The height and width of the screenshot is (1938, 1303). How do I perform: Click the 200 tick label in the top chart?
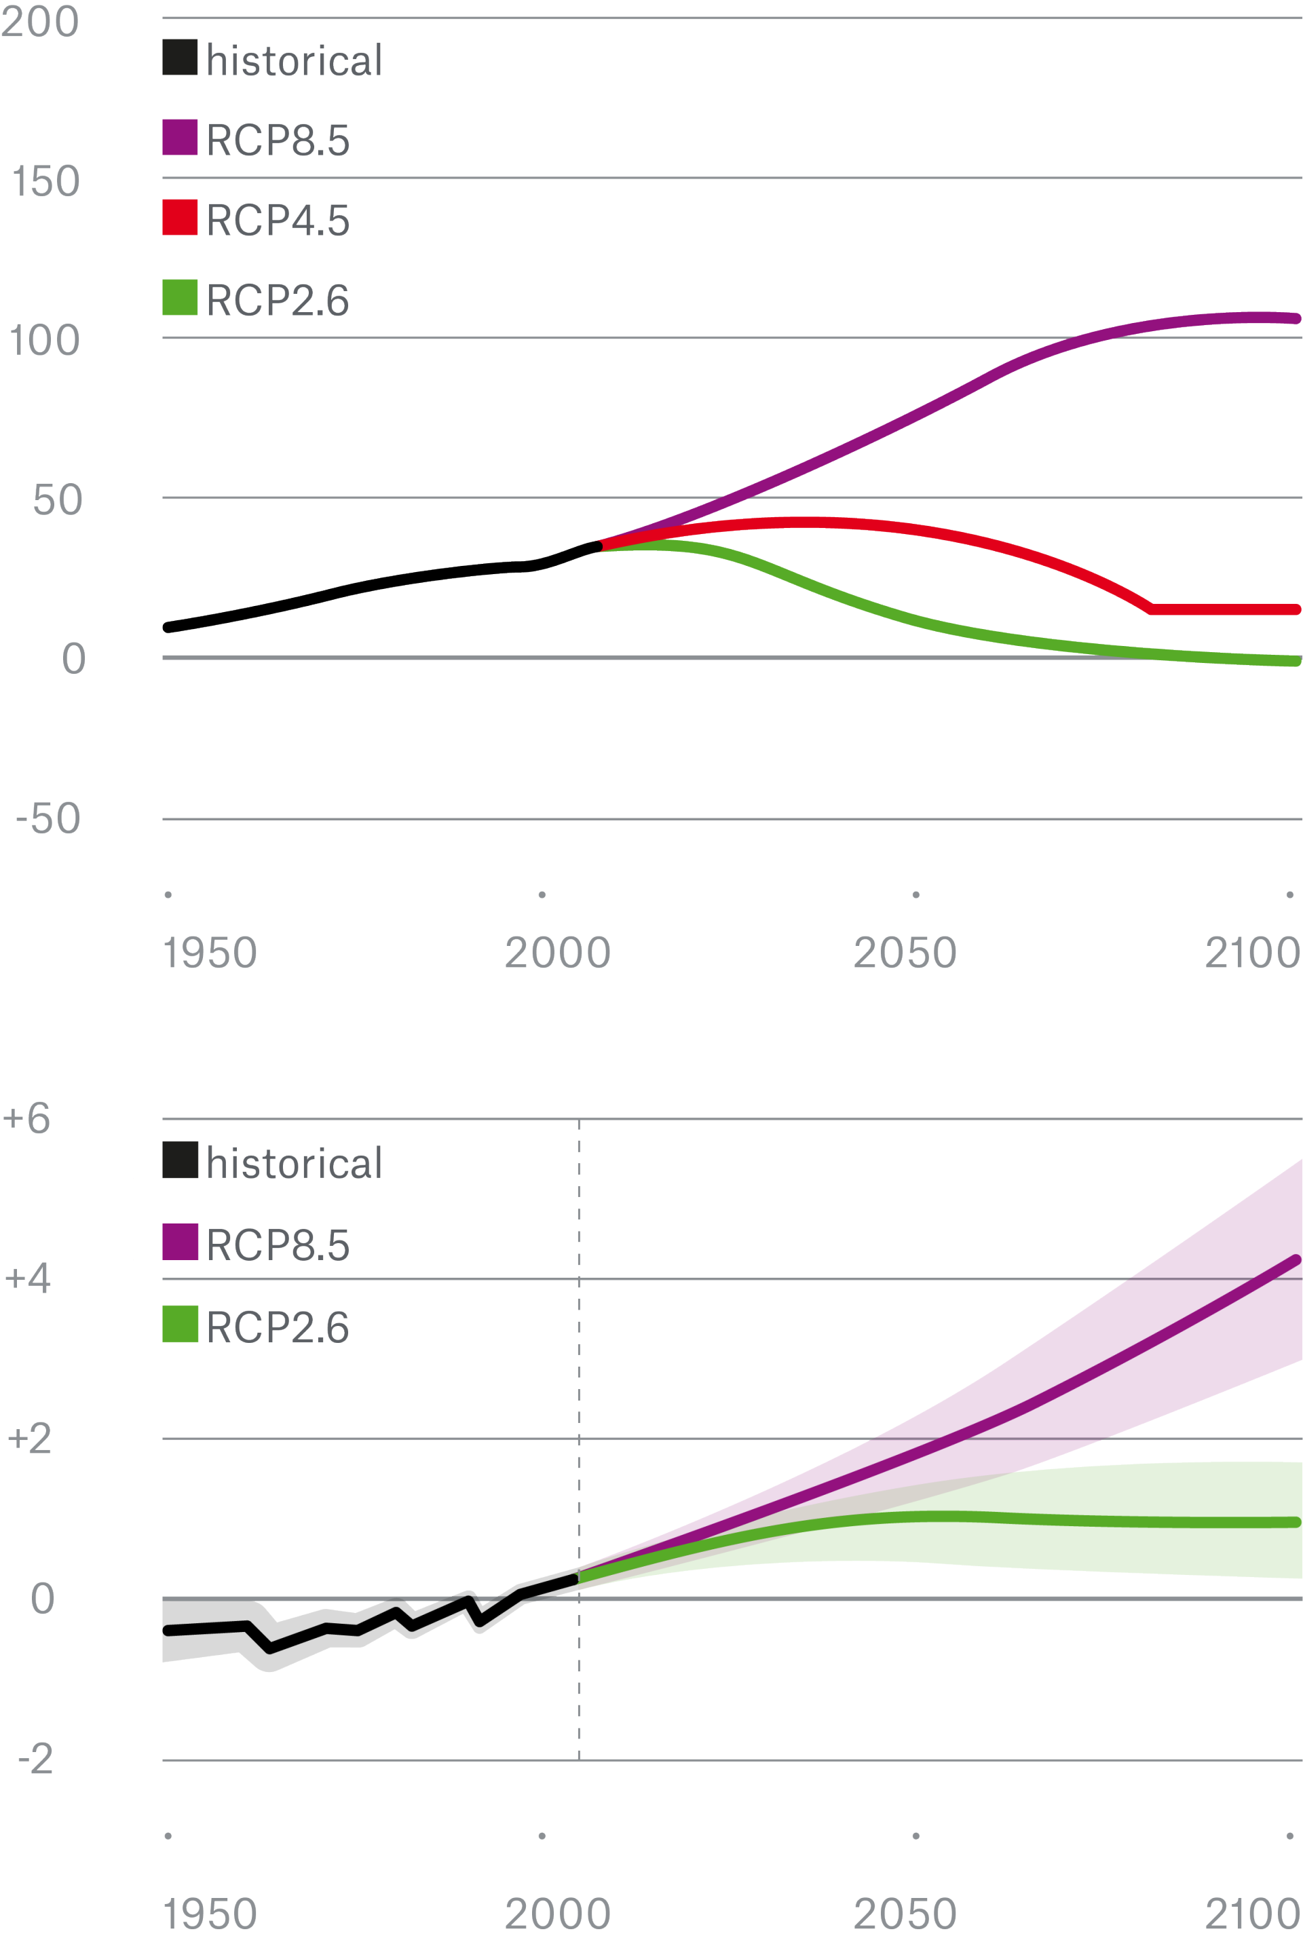40,22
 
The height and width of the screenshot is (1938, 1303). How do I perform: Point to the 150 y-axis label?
45,181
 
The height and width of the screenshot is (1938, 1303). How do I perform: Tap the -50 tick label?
48,818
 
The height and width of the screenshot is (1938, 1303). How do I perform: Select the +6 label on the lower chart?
26,1118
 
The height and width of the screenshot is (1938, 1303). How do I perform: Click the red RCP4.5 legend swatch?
179,218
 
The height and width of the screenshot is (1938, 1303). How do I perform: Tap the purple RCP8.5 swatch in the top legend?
179,137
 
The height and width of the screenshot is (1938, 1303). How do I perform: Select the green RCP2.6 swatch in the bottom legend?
179,1324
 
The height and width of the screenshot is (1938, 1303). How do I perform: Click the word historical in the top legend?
294,60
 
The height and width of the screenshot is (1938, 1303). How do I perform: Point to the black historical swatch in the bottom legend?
179,1160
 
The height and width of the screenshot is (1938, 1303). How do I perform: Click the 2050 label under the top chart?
905,953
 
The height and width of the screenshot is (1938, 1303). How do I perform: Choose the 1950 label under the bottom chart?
210,1914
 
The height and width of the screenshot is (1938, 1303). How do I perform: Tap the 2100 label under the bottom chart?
1252,1914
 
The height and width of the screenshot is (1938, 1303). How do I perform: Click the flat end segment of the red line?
1222,610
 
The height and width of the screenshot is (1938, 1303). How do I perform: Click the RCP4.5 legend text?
278,220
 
